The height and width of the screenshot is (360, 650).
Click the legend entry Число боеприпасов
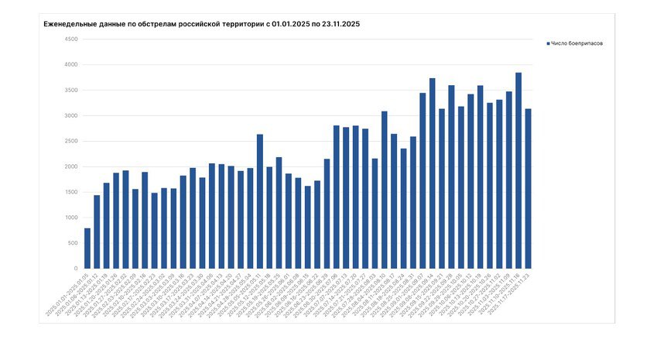coord(577,43)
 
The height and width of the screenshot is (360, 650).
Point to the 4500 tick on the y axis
coord(71,39)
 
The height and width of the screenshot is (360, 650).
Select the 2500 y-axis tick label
coord(71,141)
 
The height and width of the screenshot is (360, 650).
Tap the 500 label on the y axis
coord(73,243)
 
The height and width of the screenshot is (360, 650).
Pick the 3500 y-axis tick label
coord(71,90)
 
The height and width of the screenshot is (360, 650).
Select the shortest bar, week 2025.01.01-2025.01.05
coord(87,249)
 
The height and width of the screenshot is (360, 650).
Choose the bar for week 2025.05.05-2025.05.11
coord(260,201)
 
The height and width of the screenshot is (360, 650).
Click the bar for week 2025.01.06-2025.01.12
coord(97,231)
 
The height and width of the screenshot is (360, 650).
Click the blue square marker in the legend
coord(548,43)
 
